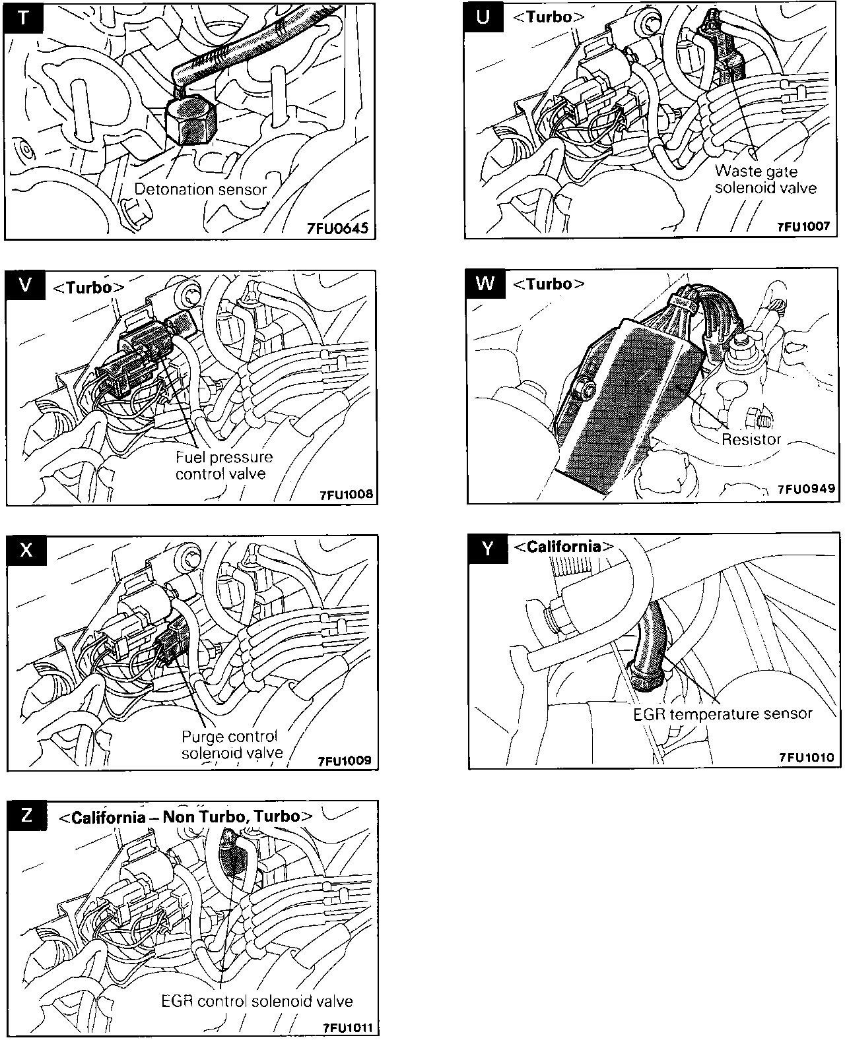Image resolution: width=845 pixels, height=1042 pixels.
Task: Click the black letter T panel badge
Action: tap(24, 16)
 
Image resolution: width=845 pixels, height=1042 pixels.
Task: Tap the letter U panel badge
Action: tap(484, 17)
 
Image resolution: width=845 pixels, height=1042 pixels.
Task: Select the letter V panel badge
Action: tap(25, 285)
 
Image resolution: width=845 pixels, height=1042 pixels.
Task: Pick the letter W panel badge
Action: tap(485, 283)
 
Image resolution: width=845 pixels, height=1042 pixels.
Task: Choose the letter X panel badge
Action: tap(26, 549)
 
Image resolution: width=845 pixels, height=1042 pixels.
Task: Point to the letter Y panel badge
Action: tap(487, 548)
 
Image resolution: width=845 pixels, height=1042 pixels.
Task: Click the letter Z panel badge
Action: tap(26, 816)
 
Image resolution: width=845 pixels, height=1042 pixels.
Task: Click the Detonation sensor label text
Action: tap(201, 189)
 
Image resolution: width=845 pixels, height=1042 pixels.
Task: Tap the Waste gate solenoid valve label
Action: tap(766, 179)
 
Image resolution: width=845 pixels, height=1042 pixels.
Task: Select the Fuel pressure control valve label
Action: tap(223, 465)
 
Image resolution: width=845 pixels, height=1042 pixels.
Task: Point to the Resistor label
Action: tap(751, 439)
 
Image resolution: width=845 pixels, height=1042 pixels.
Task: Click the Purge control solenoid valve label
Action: tap(232, 745)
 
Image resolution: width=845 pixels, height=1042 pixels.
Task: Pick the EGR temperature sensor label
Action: tap(723, 714)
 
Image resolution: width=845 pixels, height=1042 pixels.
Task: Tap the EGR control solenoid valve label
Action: tap(257, 1001)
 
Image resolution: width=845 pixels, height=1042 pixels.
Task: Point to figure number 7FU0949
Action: tap(805, 489)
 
